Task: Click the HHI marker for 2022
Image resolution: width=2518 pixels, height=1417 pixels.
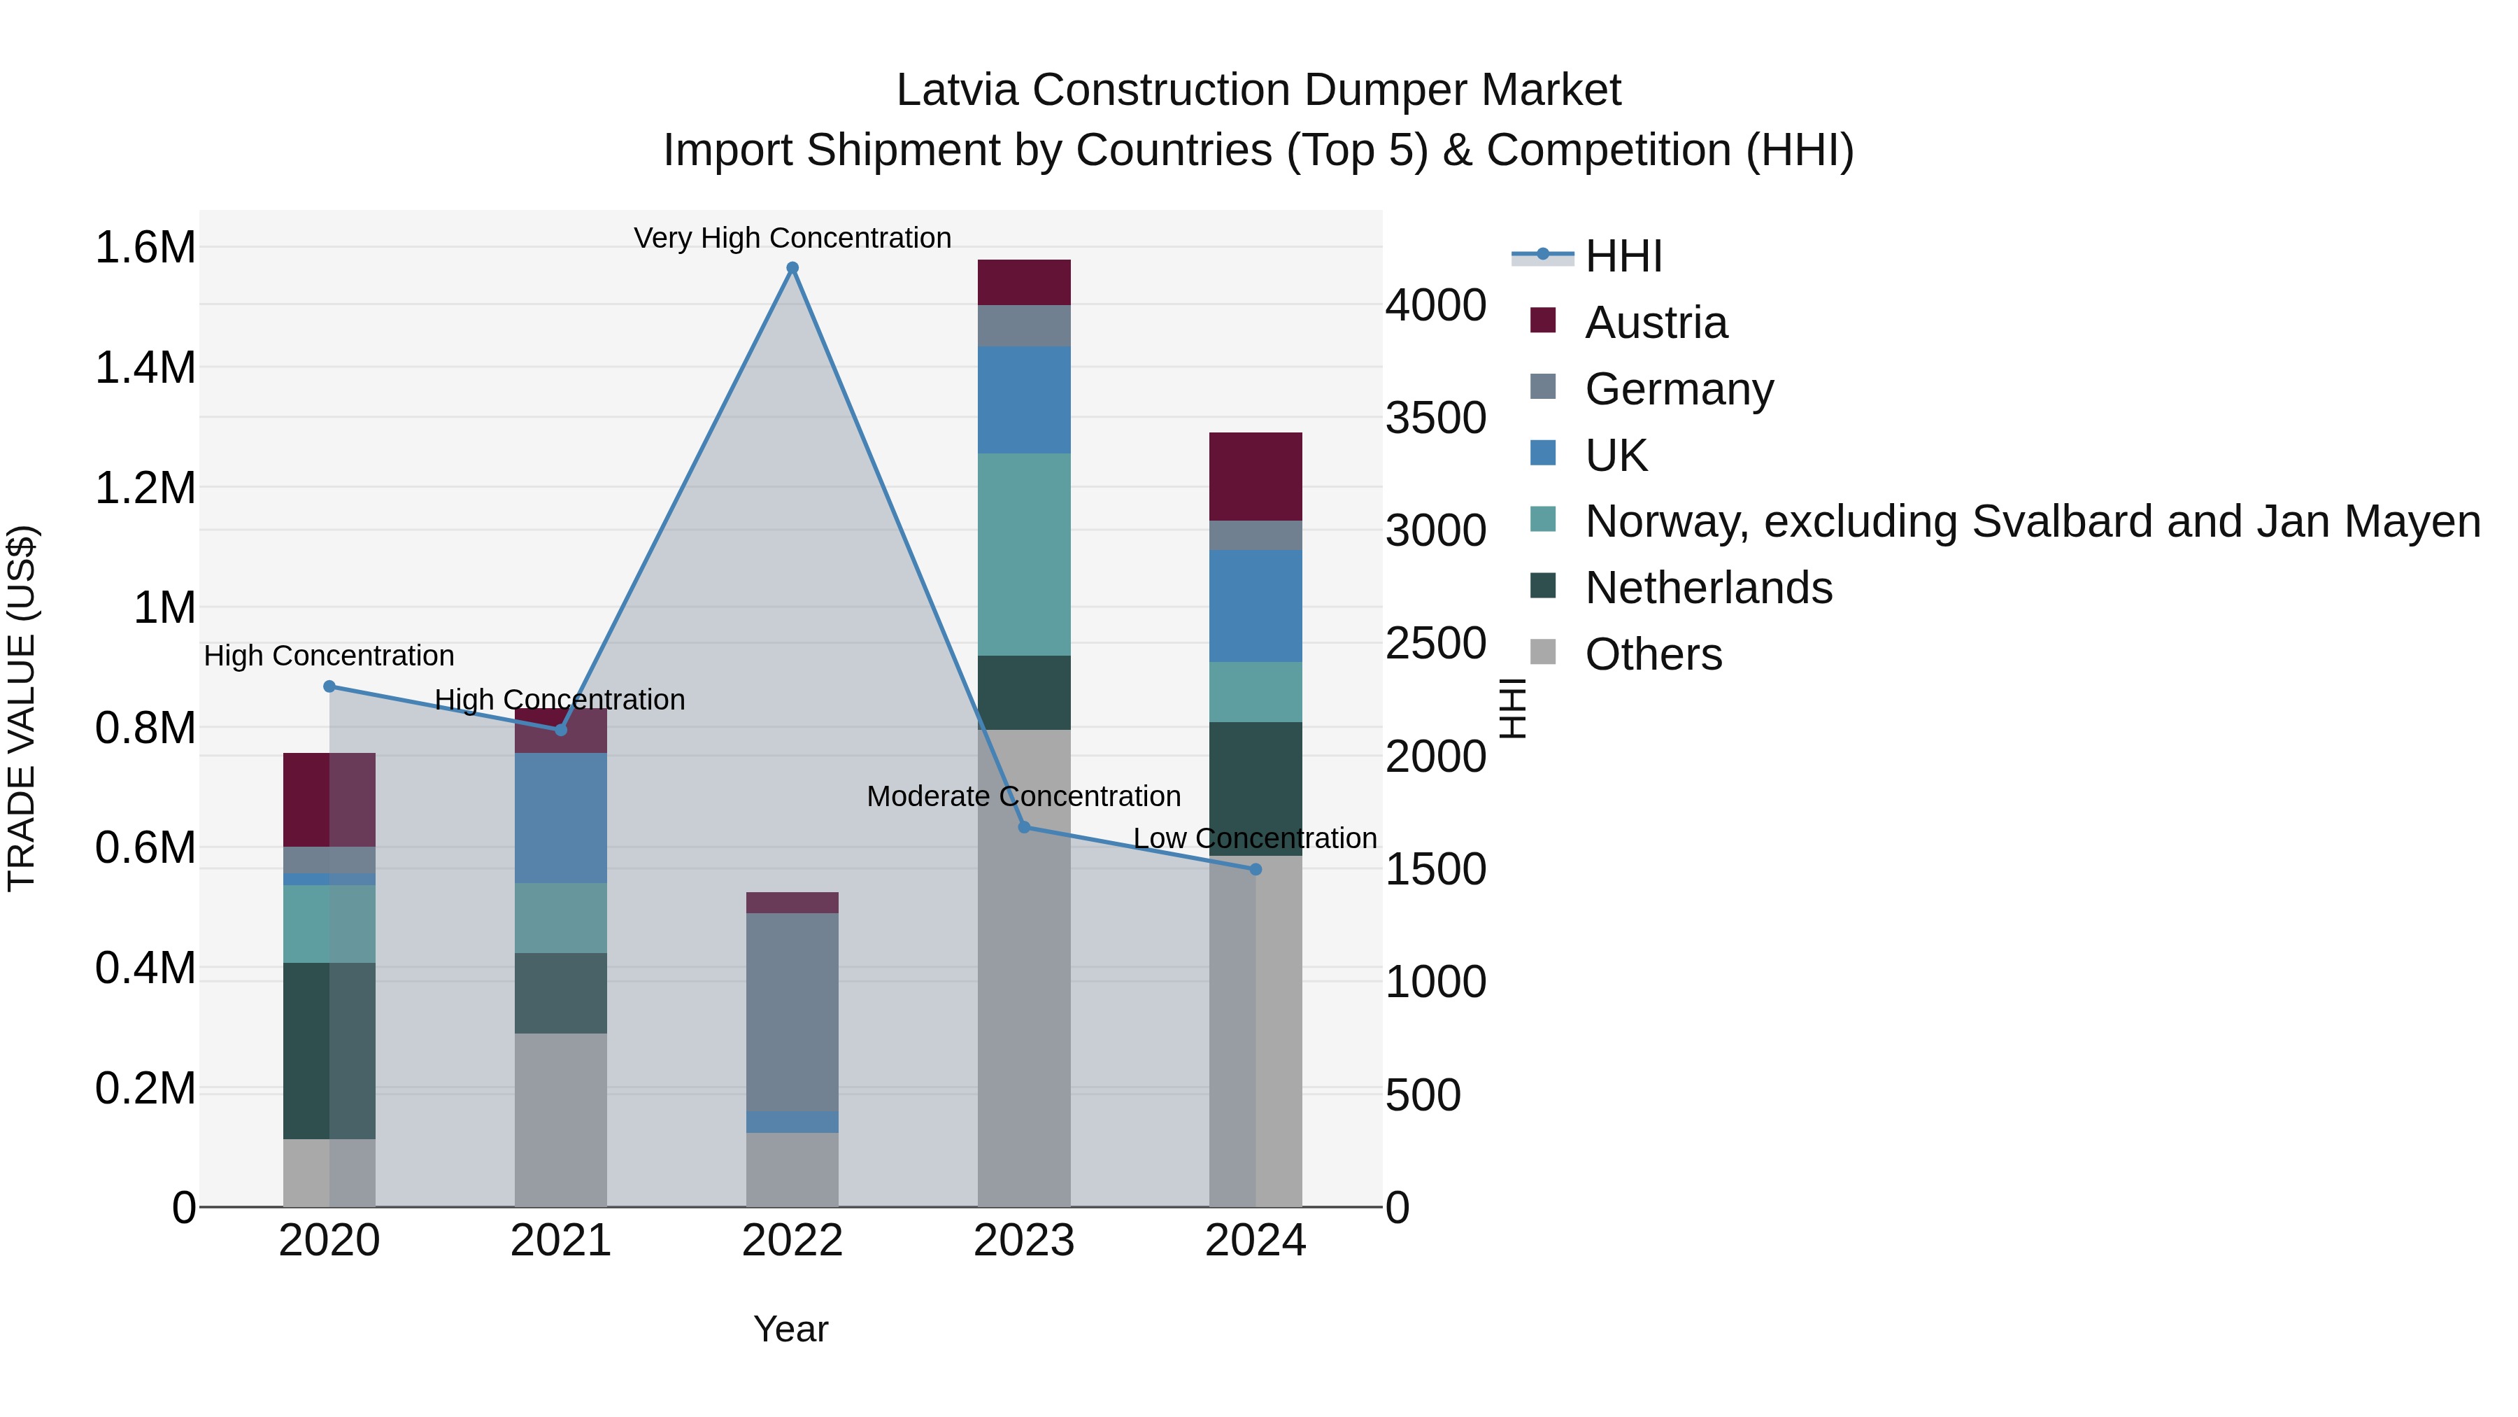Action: click(792, 268)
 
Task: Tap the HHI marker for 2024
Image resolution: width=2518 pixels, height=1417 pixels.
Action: click(1256, 869)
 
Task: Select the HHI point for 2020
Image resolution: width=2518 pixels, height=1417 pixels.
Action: click(329, 686)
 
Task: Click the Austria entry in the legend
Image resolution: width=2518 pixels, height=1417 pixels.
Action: click(1656, 323)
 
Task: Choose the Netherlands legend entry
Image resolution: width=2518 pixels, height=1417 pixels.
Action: click(1707, 588)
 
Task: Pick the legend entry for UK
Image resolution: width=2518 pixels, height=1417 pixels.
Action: click(1616, 456)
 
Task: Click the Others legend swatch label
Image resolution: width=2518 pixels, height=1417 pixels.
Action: click(1653, 654)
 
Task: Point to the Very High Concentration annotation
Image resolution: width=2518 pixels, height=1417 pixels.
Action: click(792, 238)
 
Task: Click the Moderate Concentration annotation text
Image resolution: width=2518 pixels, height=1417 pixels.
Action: click(1023, 796)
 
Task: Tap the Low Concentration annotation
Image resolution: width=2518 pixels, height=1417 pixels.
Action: click(1255, 838)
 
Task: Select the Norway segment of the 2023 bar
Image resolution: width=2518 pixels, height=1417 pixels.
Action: click(1023, 554)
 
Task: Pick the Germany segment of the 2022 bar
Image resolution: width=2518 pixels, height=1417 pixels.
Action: click(792, 1011)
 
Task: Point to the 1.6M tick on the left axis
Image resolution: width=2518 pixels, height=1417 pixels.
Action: click(145, 248)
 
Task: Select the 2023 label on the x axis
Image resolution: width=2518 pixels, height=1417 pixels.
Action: click(1023, 1241)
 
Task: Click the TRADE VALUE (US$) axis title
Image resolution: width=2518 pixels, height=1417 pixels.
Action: click(22, 708)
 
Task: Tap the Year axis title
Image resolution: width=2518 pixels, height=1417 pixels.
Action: click(791, 1329)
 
